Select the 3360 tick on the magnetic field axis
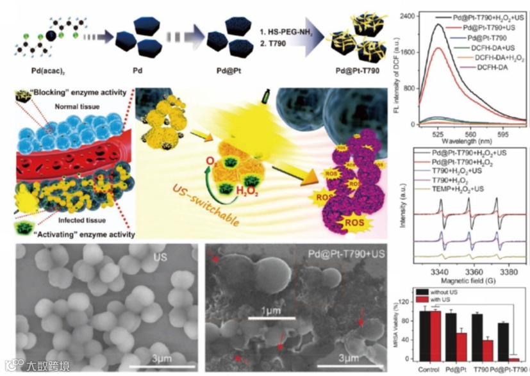(x=470, y=263)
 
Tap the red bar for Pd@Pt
(x=460, y=347)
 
